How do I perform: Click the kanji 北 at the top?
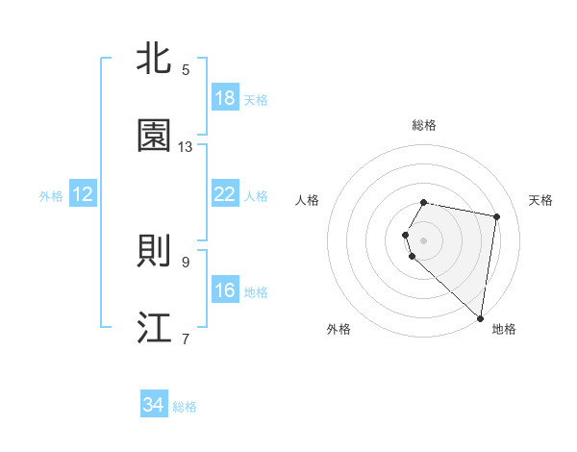[155, 59]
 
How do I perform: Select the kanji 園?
[155, 137]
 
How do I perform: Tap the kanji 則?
[155, 251]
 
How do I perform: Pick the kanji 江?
[155, 328]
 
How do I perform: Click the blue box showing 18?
[225, 98]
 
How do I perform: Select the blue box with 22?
[225, 194]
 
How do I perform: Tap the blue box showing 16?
[225, 290]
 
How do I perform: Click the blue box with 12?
[83, 194]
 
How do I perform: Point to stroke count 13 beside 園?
[186, 147]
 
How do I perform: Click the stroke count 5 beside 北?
[186, 70]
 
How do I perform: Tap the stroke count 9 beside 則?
[186, 262]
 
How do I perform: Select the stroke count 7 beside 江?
[186, 339]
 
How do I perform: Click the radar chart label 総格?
[424, 125]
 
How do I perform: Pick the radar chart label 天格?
[541, 200]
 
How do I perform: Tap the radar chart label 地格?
[504, 329]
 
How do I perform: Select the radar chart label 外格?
[339, 329]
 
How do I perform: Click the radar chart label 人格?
[308, 200]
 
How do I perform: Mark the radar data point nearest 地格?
[480, 317]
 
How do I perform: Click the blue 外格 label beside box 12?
[51, 195]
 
